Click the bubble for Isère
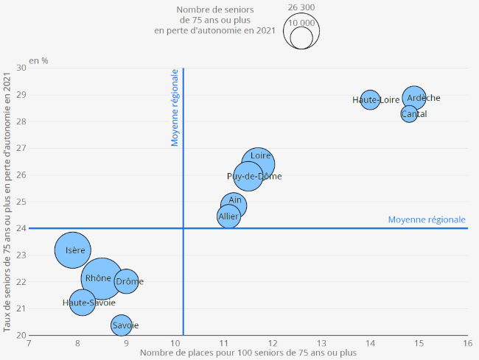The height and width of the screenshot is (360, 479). [72, 250]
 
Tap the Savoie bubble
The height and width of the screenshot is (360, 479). [121, 325]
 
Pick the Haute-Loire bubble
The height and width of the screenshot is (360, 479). [370, 99]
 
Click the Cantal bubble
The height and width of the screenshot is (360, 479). [409, 114]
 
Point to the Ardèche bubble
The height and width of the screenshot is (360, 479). [414, 97]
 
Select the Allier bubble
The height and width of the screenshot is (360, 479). [228, 216]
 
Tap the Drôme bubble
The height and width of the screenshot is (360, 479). [127, 281]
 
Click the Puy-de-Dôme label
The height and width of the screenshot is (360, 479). [254, 177]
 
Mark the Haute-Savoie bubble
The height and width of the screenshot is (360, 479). [83, 302]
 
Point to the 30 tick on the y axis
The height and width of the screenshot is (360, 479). [21, 68]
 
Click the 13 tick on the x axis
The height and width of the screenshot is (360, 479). [321, 343]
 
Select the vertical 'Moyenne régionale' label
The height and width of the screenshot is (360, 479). [175, 107]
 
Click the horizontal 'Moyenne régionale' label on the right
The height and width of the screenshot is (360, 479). [427, 219]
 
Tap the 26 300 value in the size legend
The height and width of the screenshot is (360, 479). [301, 7]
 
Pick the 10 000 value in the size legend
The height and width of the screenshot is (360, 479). [301, 23]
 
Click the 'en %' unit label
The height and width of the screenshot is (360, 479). [38, 60]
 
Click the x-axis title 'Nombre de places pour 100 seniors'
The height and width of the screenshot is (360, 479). [248, 353]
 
